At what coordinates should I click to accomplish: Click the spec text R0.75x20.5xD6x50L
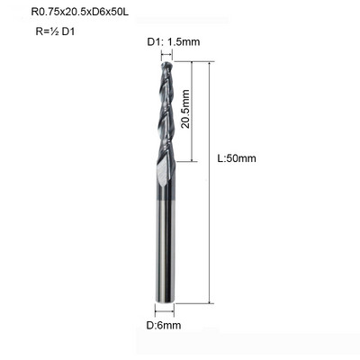click(x=80, y=13)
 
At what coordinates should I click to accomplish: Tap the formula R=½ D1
click(x=55, y=31)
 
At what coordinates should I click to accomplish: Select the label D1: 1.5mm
click(x=174, y=41)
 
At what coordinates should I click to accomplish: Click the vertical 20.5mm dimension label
click(x=185, y=109)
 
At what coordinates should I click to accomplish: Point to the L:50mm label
click(x=237, y=158)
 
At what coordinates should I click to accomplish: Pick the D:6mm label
click(x=164, y=325)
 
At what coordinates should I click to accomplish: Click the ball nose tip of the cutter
click(x=166, y=65)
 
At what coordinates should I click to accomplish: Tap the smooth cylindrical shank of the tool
click(x=165, y=240)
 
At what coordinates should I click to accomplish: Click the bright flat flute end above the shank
click(x=163, y=174)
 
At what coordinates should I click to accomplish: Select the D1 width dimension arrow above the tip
click(x=166, y=55)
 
